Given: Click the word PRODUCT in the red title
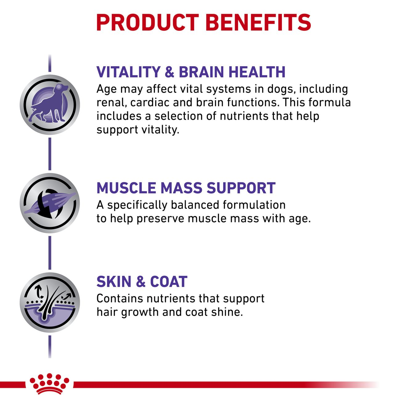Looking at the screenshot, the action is pos(147,23).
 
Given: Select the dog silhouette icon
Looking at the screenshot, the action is pos(50,104).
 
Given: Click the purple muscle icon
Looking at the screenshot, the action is pos(50,203).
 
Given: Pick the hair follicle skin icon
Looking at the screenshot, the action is pos(50,302).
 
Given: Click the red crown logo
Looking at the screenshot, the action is pos(49,386).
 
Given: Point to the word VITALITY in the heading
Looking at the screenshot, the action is pos(128,72).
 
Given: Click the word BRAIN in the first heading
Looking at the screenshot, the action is pos(201,72).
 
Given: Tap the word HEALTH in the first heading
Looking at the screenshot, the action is pos(257,72).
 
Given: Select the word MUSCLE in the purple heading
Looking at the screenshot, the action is pos(126,188).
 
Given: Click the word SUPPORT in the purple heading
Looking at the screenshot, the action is pos(241,188).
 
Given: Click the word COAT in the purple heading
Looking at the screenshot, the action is pos(169,282).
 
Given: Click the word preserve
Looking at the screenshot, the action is pos(161,219).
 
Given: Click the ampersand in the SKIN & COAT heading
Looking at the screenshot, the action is pos(141,282).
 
